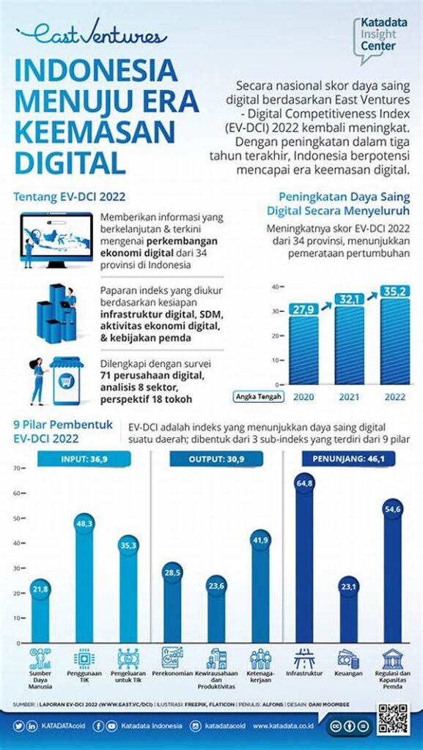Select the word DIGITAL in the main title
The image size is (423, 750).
click(x=70, y=160)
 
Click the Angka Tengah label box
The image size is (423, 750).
click(x=260, y=396)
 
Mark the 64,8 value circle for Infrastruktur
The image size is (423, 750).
click(x=305, y=483)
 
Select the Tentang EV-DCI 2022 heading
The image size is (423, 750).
click(x=70, y=196)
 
